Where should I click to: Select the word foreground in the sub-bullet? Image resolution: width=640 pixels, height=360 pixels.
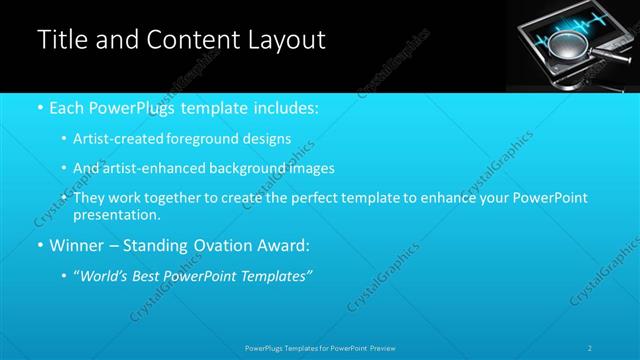pyautogui.click(x=217, y=139)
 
